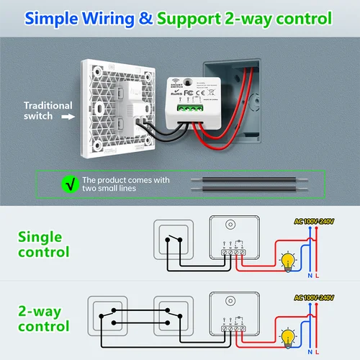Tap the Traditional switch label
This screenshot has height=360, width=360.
click(x=48, y=111)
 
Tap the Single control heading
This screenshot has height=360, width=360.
click(x=44, y=244)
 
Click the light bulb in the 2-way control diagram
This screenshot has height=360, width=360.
click(x=289, y=336)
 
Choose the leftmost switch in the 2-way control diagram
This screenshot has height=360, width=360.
click(x=111, y=318)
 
